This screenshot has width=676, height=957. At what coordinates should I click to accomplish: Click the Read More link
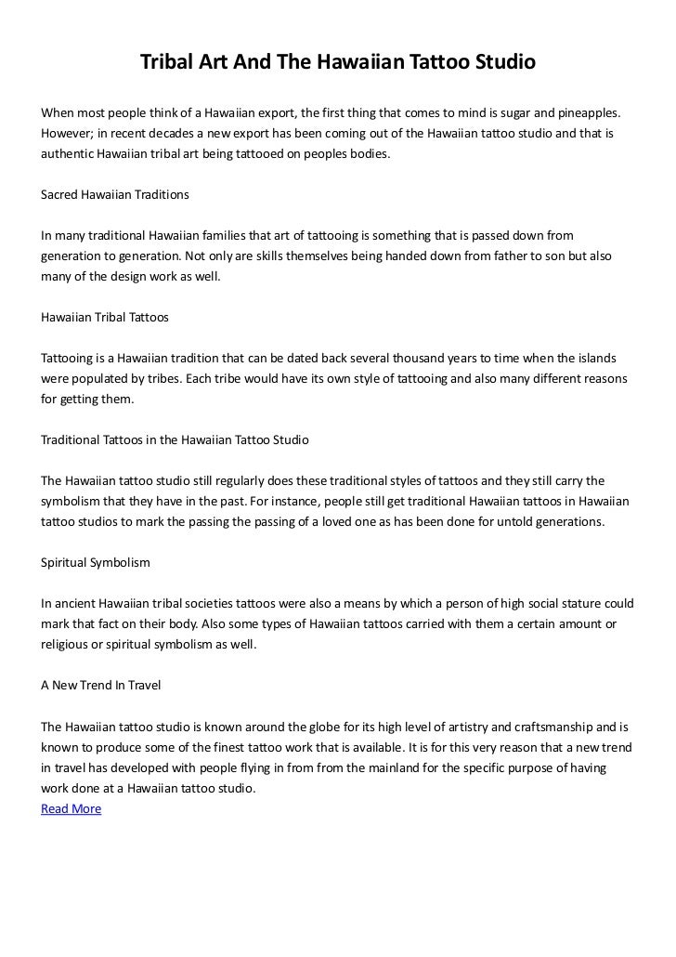(x=71, y=808)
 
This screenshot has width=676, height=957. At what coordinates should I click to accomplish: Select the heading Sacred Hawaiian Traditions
(x=115, y=196)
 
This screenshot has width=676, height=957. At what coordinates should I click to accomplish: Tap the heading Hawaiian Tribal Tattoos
(x=105, y=317)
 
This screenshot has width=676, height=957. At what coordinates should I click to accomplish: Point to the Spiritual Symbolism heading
(x=96, y=563)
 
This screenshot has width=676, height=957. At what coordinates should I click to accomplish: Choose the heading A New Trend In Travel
(x=101, y=686)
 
